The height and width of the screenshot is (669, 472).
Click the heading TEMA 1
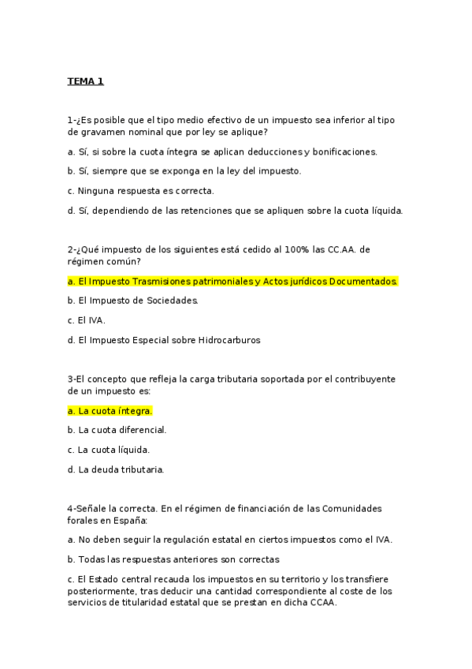(85, 81)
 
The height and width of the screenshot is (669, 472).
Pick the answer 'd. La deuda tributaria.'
(116, 469)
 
